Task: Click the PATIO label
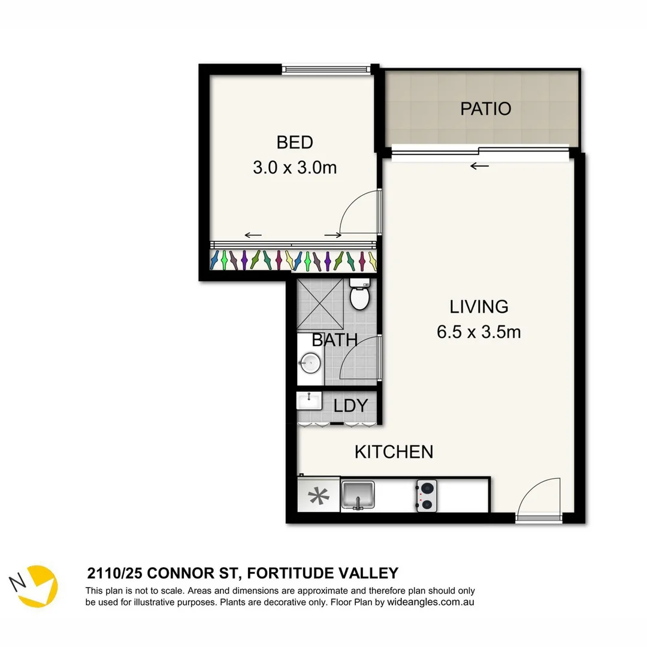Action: click(485, 108)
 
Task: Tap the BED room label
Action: click(295, 143)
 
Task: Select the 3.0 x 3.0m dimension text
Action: click(295, 167)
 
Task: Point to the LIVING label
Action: click(479, 307)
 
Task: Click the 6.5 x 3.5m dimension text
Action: click(479, 332)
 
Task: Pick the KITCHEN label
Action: click(394, 452)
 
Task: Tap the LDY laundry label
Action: click(350, 406)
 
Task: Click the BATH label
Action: click(334, 340)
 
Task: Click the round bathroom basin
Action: click(310, 362)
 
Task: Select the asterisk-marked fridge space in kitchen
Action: click(318, 496)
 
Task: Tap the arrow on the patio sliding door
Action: click(479, 166)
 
